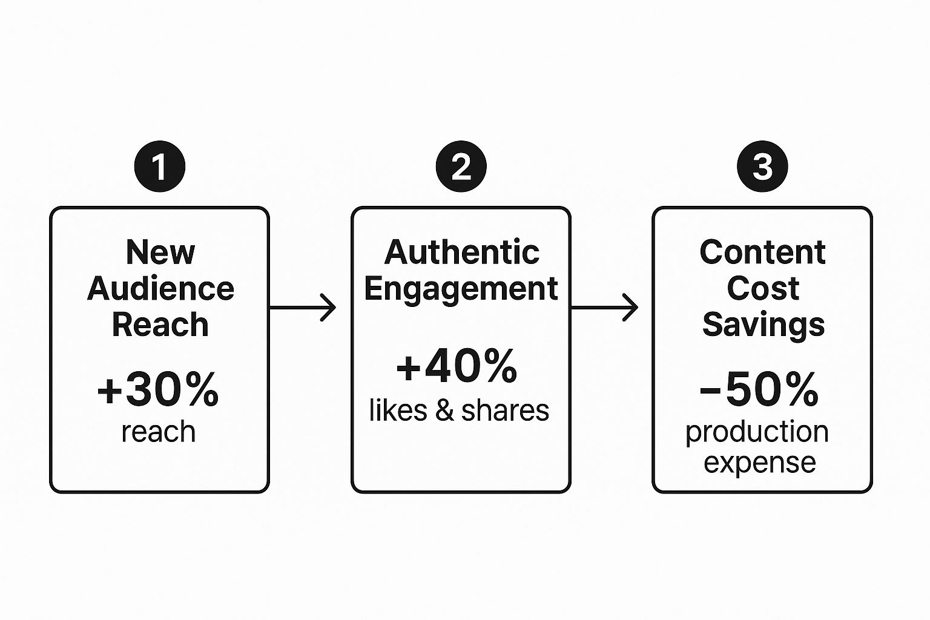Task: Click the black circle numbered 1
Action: pyautogui.click(x=159, y=167)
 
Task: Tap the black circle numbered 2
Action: pyautogui.click(x=461, y=167)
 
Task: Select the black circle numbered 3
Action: pyautogui.click(x=762, y=167)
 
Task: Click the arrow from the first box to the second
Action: pyautogui.click(x=302, y=308)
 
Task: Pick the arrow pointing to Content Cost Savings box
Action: pyautogui.click(x=604, y=308)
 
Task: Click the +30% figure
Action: pyautogui.click(x=158, y=390)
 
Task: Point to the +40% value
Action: pyautogui.click(x=457, y=366)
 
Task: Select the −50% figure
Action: pyautogui.click(x=759, y=389)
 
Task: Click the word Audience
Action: pyautogui.click(x=160, y=288)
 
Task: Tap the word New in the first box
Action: pyautogui.click(x=160, y=252)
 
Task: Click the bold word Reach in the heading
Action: pyautogui.click(x=160, y=325)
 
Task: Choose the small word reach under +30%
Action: pyautogui.click(x=159, y=432)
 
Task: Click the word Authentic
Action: pyautogui.click(x=461, y=252)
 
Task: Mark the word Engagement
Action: pyautogui.click(x=461, y=289)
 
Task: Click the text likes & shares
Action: pyautogui.click(x=459, y=411)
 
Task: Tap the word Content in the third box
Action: pyautogui.click(x=762, y=252)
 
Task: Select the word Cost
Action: pyautogui.click(x=763, y=288)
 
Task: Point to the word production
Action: pyautogui.click(x=757, y=432)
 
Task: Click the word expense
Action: pyautogui.click(x=760, y=463)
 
